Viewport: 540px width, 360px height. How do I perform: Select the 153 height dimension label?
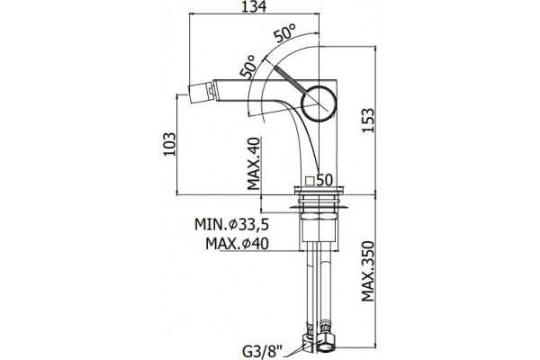coord(367,121)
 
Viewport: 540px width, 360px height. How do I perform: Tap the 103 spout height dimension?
coord(169,144)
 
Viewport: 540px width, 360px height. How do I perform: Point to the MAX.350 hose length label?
coord(367,271)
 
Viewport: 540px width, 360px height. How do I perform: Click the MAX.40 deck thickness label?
coord(254,163)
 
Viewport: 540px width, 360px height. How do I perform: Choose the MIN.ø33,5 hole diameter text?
coord(231,225)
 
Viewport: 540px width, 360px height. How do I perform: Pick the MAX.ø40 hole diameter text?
coord(237,244)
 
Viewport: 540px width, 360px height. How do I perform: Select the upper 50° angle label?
coord(284,32)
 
